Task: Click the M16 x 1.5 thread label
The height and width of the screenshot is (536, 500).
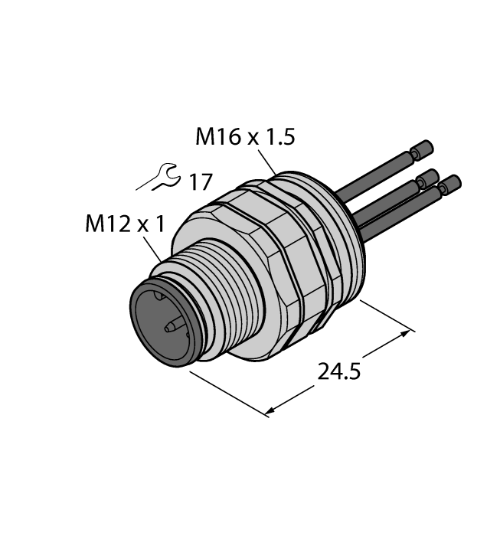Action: pos(244,137)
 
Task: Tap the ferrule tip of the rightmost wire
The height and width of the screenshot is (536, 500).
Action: pos(452,183)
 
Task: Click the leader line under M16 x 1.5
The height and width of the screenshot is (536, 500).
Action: pos(269,162)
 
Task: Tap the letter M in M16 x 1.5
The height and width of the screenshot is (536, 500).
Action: pos(205,138)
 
